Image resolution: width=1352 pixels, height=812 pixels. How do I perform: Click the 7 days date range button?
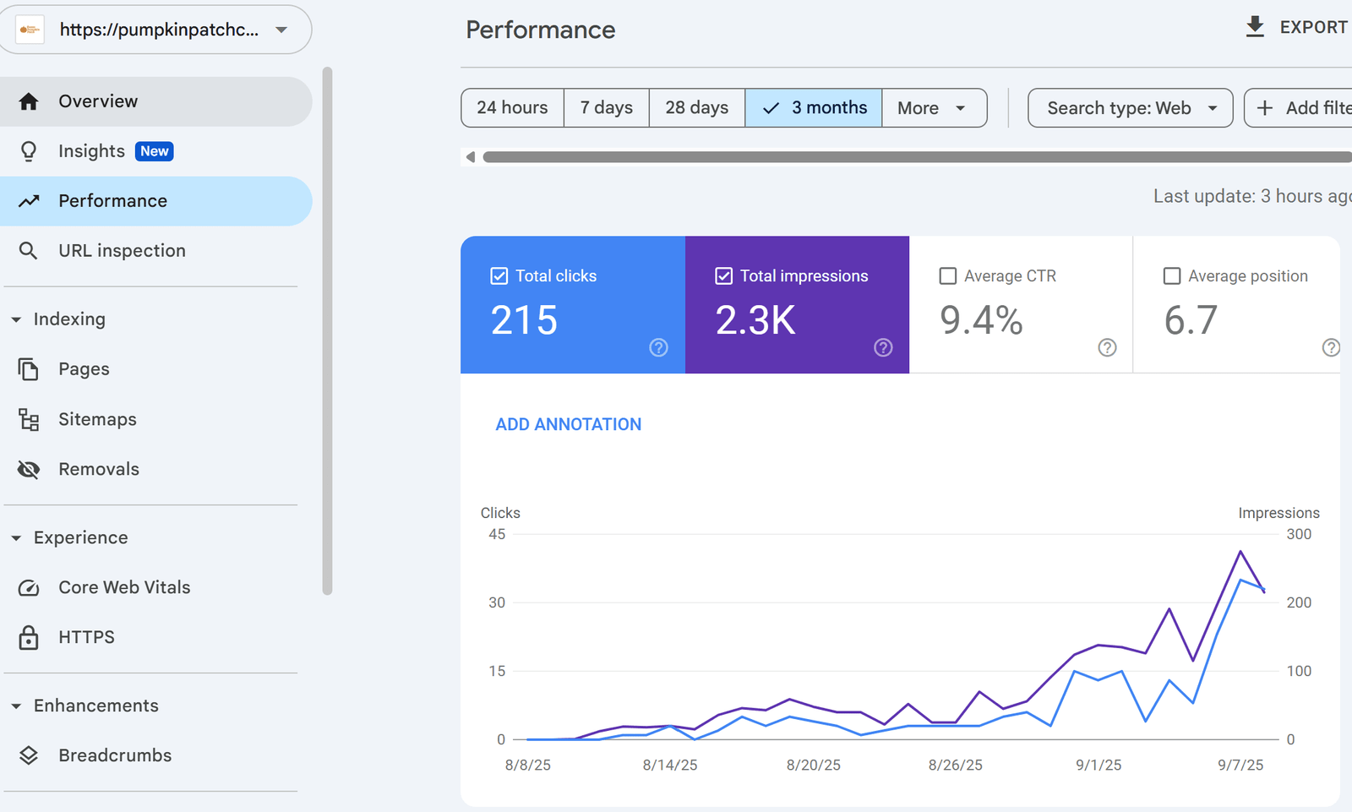606,108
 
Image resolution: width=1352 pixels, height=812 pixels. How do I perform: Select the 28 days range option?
696,108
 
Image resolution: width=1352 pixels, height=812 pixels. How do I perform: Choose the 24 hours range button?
512,108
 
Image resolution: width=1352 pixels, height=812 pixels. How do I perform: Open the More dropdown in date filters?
933,108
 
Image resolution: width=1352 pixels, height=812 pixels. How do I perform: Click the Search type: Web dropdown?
1130,108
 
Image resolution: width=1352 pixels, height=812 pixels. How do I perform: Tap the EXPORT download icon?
1256,27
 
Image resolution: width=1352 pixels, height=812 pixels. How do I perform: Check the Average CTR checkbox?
948,276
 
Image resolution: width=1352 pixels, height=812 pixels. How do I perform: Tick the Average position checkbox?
1172,276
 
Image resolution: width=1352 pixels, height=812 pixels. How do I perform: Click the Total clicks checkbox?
499,276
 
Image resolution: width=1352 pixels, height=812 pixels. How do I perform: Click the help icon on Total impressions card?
883,347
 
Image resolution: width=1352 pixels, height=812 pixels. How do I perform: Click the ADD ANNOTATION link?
568,424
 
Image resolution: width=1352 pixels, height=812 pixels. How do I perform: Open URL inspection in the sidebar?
122,251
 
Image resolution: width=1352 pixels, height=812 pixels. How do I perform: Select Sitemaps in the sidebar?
97,419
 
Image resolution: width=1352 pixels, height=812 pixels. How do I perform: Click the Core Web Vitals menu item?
124,587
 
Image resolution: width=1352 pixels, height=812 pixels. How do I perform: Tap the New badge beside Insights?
155,151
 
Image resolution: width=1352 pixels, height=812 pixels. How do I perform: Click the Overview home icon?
29,101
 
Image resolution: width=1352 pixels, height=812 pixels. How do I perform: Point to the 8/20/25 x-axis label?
813,765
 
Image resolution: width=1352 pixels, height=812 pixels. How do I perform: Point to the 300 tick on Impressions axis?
1299,534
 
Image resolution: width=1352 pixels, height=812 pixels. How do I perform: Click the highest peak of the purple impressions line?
1240,552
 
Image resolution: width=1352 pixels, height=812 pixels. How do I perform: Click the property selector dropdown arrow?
281,30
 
